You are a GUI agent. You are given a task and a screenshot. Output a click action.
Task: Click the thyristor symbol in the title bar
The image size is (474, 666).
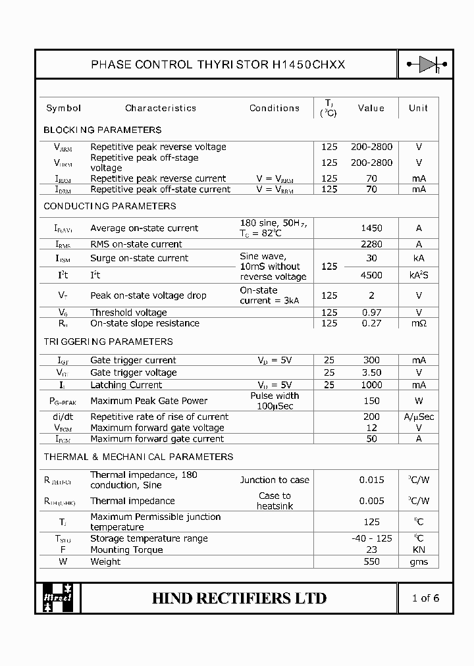(426, 64)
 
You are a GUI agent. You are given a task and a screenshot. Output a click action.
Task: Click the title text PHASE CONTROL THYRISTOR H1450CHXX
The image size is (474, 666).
(217, 64)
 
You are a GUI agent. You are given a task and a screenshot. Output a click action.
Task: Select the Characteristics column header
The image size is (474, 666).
(161, 108)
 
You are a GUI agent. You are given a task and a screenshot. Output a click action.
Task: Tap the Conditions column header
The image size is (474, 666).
(275, 108)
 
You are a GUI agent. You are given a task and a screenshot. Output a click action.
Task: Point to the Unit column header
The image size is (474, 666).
(418, 108)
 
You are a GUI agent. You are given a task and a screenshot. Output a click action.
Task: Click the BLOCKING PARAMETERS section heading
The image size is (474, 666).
(102, 130)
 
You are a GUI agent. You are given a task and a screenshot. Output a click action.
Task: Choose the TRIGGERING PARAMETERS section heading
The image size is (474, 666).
(108, 342)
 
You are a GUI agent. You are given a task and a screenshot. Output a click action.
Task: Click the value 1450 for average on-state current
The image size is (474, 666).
(371, 228)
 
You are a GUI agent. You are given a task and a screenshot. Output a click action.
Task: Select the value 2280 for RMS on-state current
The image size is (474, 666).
(371, 244)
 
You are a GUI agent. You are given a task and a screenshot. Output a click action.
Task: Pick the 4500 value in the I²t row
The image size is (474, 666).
(371, 275)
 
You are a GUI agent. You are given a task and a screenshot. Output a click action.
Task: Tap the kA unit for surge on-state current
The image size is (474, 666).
(419, 258)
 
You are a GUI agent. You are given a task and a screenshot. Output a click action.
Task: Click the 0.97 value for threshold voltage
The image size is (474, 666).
(371, 313)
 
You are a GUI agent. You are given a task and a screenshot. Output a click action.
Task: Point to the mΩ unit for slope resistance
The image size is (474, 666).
(419, 323)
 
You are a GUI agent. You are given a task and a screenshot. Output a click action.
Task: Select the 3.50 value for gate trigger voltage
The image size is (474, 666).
(371, 372)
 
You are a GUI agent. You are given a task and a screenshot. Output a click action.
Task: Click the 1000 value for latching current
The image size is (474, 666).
(371, 385)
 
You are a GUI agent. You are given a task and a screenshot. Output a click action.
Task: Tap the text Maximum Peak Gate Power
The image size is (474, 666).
(149, 401)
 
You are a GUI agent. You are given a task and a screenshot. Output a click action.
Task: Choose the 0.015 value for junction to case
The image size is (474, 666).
(371, 480)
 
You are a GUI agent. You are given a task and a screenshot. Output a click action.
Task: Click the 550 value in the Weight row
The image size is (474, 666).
(371, 561)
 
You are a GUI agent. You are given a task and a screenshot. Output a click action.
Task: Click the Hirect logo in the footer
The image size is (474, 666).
(58, 598)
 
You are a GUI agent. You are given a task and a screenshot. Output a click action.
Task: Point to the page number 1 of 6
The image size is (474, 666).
(425, 598)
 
